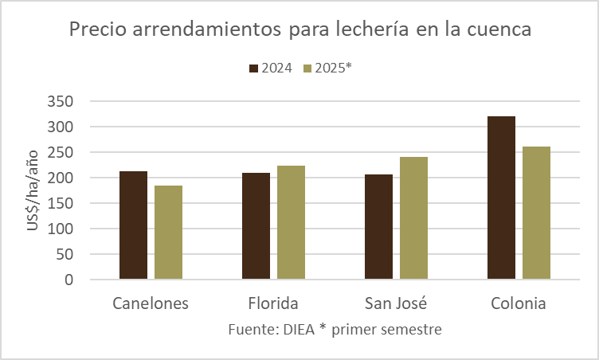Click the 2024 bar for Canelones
coord(133,225)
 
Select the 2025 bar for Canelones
coord(168,233)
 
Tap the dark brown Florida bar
coord(256,226)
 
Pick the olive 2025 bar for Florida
coord(291,223)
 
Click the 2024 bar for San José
coord(378,227)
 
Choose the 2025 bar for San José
coord(413,218)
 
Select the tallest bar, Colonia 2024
coord(501,198)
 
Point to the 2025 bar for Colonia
coord(536,213)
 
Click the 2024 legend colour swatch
coord(254,68)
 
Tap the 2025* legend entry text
coord(333,68)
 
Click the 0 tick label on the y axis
coord(69,280)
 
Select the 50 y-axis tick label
coord(65,254)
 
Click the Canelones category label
coord(151,303)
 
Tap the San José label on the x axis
coord(396,303)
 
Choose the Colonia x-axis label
coord(519,303)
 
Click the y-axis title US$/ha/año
coord(33,191)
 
